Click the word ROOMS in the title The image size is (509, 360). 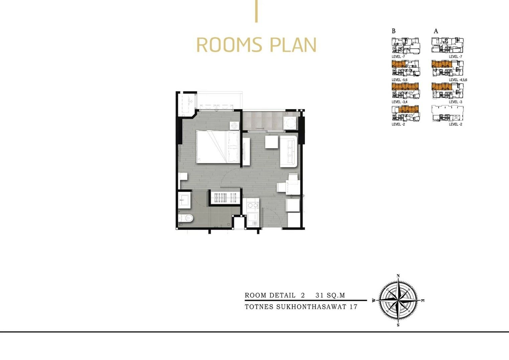tap(229, 45)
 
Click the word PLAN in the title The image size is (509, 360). tap(293, 45)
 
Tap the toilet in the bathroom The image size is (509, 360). tap(186, 218)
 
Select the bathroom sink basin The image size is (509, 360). tap(184, 200)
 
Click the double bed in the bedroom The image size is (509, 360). tap(218, 147)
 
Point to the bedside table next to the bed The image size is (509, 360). tap(234, 125)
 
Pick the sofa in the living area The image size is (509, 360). tap(289, 151)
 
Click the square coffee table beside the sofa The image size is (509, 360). tap(272, 142)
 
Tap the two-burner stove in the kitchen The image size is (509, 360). tap(253, 205)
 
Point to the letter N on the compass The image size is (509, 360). tap(398, 276)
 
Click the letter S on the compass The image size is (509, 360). tap(398, 325)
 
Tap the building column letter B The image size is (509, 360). tap(394, 31)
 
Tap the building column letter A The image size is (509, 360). tap(436, 31)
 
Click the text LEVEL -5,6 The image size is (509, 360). tap(400, 80)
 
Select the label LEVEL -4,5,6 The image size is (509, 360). tap(458, 80)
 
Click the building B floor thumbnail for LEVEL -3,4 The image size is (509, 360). tap(406, 91)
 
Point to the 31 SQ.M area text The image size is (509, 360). tap(330, 295)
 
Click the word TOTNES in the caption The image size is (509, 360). tap(259, 307)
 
